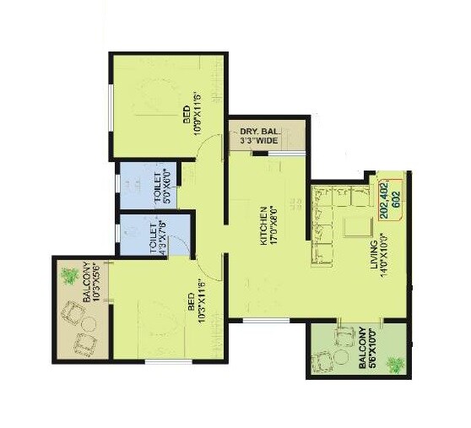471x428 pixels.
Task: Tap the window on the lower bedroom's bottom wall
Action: [169, 361]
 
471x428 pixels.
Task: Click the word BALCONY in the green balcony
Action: [361, 348]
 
